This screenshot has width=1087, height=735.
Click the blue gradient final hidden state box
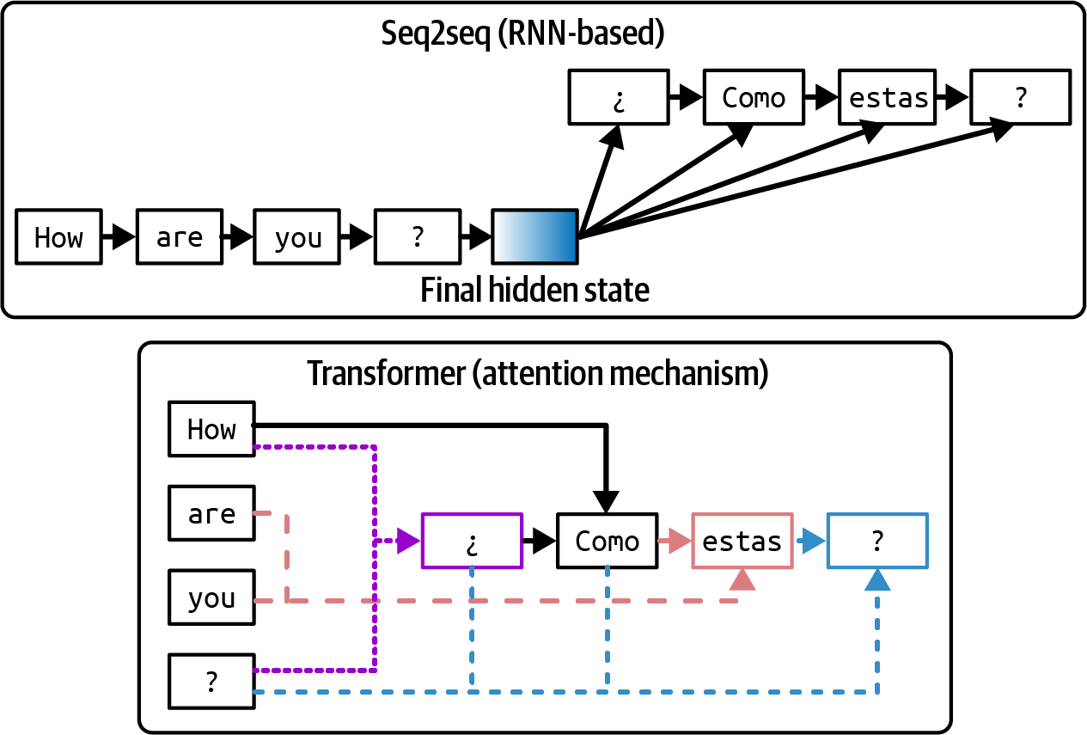tap(534, 236)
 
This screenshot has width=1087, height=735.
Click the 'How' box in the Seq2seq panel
tap(58, 236)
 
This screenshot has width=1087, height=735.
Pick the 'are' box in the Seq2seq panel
tap(179, 236)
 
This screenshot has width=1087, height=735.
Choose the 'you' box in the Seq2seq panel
tap(297, 236)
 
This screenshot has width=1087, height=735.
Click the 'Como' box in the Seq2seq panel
tap(754, 97)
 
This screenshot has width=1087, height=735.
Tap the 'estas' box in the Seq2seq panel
tap(889, 97)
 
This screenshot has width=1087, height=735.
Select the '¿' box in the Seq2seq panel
tap(618, 97)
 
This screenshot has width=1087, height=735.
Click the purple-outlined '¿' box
tap(472, 541)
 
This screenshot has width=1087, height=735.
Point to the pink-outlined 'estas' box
tap(742, 541)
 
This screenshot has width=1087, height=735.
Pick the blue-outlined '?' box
tap(876, 541)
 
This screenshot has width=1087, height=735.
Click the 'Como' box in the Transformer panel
tap(608, 541)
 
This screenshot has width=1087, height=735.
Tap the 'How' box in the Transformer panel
tap(211, 428)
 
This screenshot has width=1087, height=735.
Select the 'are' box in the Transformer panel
tap(211, 513)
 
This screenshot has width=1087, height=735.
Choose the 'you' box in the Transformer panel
tap(211, 597)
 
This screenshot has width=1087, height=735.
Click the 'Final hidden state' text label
tap(534, 291)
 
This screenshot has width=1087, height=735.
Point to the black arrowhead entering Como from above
tap(608, 503)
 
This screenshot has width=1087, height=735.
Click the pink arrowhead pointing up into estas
tap(742, 580)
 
